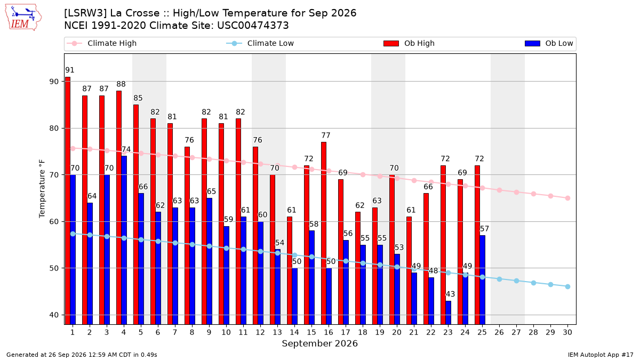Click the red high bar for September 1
(68, 201)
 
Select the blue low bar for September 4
(124, 240)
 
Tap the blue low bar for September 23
(449, 313)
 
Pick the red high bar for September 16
(324, 233)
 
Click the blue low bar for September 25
(482, 279)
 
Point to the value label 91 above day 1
(70, 70)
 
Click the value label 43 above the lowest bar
(450, 294)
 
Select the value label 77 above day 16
(326, 135)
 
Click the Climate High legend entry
(101, 43)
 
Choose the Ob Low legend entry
(549, 43)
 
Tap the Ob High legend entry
(409, 43)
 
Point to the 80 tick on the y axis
(54, 129)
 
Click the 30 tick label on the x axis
(567, 332)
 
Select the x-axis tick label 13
(277, 332)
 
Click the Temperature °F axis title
(42, 189)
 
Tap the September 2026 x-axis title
(319, 343)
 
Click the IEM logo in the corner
(23, 18)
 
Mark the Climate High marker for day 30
(567, 198)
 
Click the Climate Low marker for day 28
(533, 283)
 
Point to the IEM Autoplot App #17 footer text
(601, 355)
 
